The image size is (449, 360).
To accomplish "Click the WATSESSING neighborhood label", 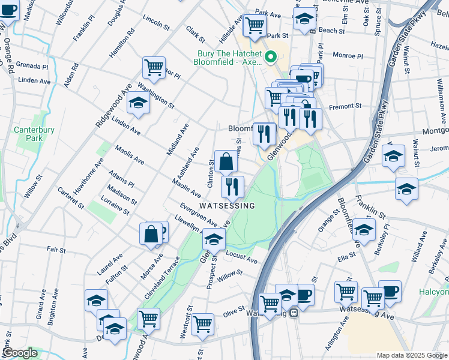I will coord(227,206).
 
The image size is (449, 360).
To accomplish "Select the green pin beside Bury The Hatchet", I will coord(270,58).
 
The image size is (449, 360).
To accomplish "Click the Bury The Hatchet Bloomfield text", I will coord(230,58).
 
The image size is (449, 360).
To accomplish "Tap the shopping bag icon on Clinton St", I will coord(226,161).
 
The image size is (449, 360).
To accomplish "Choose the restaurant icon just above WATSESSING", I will coord(232,187).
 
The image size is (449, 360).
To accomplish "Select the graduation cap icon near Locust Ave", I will coord(214,239).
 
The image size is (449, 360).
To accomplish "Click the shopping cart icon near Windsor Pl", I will coord(154,67).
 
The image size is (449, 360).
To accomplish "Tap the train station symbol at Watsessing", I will coord(294,313).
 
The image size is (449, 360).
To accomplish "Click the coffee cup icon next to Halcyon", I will coord(390,291).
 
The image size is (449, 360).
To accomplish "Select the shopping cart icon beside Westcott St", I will coord(203,324).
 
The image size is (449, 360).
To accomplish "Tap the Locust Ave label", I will coord(241,257).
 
